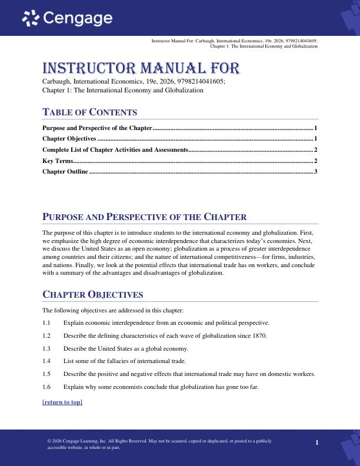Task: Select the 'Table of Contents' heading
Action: (90, 112)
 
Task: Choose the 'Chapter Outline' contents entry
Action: (65, 171)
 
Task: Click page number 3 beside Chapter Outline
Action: (316, 171)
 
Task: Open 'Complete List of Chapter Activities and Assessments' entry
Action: (115, 149)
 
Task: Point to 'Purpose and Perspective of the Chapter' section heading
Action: (144, 217)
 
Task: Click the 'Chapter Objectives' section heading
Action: (92, 294)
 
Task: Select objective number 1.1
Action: (47, 322)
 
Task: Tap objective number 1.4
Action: (47, 361)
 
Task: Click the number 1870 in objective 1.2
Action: (259, 335)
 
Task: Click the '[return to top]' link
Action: (62, 402)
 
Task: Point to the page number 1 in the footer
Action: (316, 442)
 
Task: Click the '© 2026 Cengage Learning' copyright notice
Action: (76, 441)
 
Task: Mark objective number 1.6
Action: (47, 387)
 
